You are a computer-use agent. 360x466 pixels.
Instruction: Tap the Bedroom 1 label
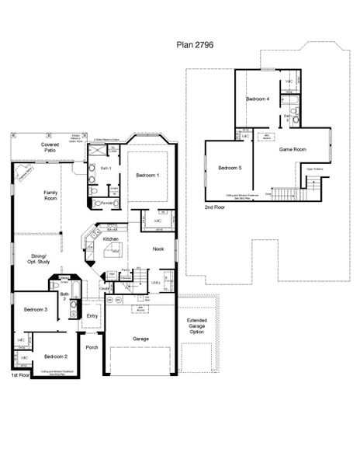(147, 176)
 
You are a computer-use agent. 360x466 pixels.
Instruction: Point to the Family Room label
(51, 195)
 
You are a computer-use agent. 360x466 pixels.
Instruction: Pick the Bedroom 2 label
(56, 356)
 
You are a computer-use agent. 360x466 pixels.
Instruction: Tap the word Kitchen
(111, 239)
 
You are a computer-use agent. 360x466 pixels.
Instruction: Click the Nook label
(157, 249)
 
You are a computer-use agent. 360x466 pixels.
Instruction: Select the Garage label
(140, 339)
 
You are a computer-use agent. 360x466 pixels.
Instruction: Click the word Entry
(92, 315)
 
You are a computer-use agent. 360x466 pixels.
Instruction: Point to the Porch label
(92, 347)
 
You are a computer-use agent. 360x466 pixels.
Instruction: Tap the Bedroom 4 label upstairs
(258, 99)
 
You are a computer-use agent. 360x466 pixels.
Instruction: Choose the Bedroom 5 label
(230, 168)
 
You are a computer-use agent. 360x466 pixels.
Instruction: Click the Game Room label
(293, 148)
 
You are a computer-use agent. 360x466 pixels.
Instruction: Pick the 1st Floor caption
(20, 374)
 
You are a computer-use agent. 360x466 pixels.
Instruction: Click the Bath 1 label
(106, 169)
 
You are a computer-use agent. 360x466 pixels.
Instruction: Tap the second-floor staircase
(312, 186)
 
